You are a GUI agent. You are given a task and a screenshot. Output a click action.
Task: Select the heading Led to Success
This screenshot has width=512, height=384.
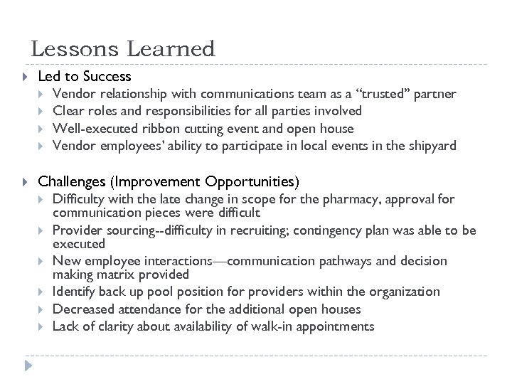point(85,75)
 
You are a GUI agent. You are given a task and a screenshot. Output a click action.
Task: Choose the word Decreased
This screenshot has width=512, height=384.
point(85,309)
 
